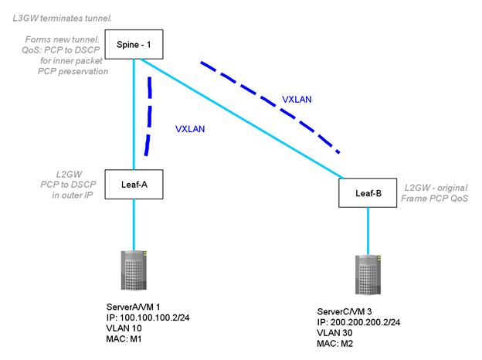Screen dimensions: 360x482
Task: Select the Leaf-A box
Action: [134, 185]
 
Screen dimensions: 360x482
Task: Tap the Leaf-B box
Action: [367, 192]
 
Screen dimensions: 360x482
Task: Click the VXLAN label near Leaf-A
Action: [190, 129]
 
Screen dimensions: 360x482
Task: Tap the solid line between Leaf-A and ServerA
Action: [134, 224]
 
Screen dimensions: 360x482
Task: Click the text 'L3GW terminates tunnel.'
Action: [63, 17]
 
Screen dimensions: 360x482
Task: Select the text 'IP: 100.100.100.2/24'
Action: [156, 317]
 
